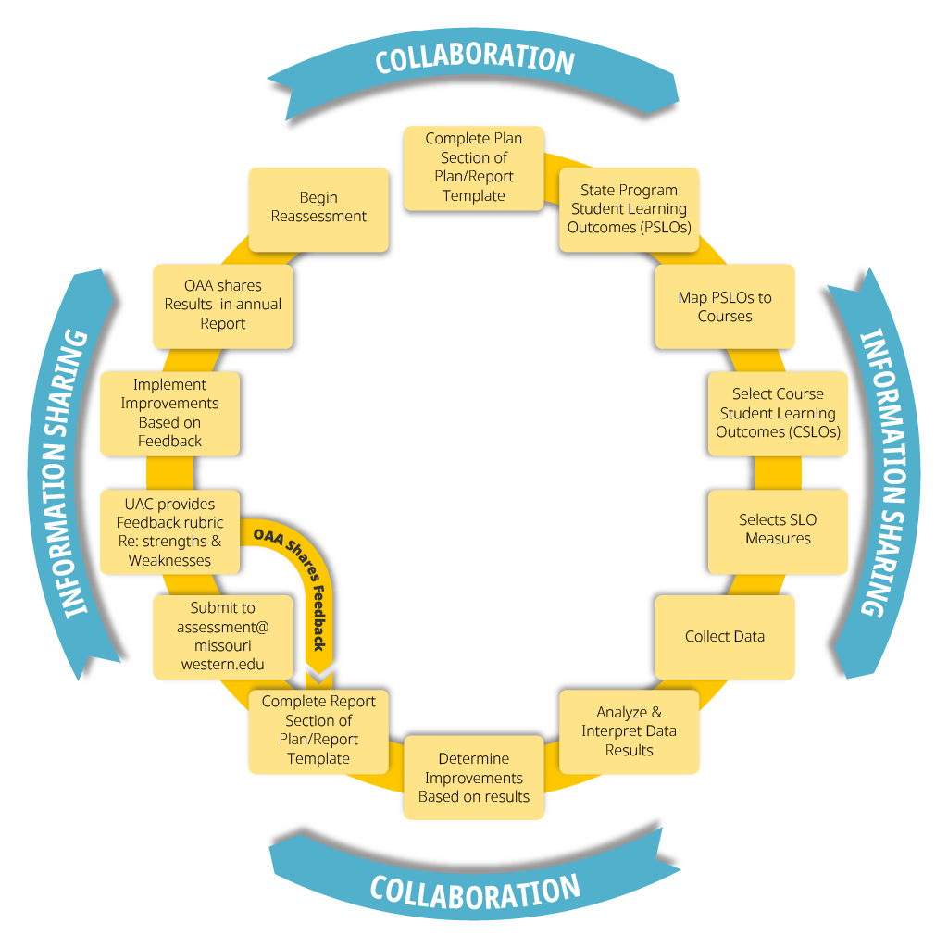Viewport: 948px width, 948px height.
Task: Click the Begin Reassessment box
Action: (318, 207)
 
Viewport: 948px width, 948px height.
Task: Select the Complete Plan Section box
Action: (473, 168)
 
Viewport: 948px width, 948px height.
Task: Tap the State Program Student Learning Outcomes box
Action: (630, 208)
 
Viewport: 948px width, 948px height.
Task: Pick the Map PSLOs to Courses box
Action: (725, 307)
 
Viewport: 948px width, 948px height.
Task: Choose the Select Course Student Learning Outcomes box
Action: (778, 413)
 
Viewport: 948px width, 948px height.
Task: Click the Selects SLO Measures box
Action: (778, 530)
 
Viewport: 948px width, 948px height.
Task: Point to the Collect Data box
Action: (725, 637)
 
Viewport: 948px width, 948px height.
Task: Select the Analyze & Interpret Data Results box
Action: (629, 731)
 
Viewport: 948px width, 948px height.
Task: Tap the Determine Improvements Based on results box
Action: (474, 778)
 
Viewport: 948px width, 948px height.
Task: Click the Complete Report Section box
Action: (318, 730)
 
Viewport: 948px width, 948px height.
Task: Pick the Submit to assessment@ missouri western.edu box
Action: (222, 636)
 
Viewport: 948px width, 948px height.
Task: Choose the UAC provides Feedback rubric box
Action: (170, 532)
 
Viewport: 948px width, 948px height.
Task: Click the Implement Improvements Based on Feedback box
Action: (170, 413)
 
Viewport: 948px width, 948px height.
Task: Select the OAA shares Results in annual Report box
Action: (223, 304)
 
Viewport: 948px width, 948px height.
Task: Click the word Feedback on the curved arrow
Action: (319, 621)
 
